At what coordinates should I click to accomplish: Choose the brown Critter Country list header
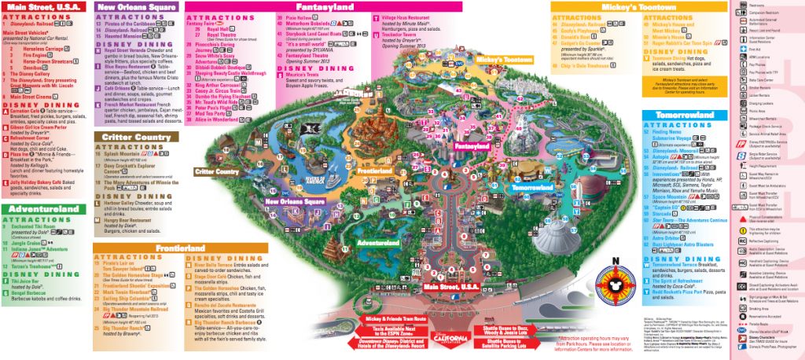(x=133, y=136)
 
